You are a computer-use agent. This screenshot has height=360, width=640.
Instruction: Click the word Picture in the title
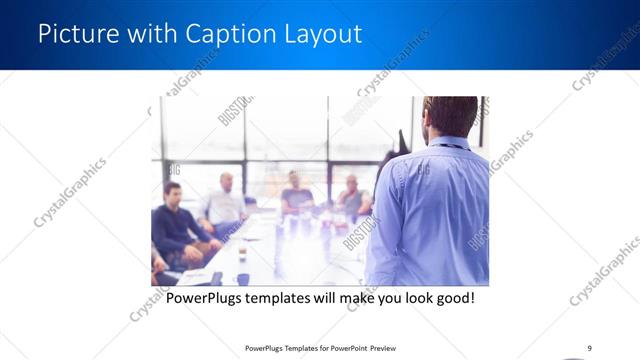(x=73, y=34)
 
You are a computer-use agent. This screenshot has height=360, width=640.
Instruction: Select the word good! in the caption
(x=452, y=298)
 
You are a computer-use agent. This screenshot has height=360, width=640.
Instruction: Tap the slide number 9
(x=589, y=348)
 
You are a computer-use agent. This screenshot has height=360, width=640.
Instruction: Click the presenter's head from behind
(x=450, y=115)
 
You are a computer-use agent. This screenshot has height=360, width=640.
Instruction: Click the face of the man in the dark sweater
(x=172, y=192)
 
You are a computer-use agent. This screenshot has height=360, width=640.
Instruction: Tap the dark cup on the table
(x=243, y=279)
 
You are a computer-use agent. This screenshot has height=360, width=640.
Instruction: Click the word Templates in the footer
(x=292, y=348)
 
